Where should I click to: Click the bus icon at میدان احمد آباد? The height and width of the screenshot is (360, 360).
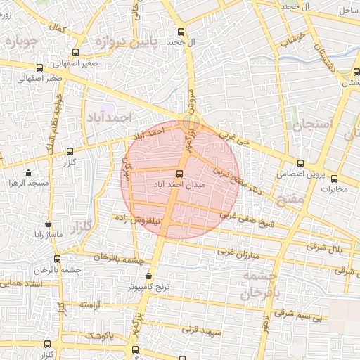point(179,173)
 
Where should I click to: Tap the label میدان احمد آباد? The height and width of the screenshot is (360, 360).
point(178,184)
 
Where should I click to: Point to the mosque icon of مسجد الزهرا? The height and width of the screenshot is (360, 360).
point(28,173)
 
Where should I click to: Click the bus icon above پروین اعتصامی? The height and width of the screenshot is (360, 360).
point(300,162)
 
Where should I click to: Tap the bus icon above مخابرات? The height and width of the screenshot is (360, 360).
point(334,179)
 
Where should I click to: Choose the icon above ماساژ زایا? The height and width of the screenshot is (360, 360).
point(48,224)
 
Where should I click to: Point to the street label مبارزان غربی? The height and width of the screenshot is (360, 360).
point(239,251)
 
